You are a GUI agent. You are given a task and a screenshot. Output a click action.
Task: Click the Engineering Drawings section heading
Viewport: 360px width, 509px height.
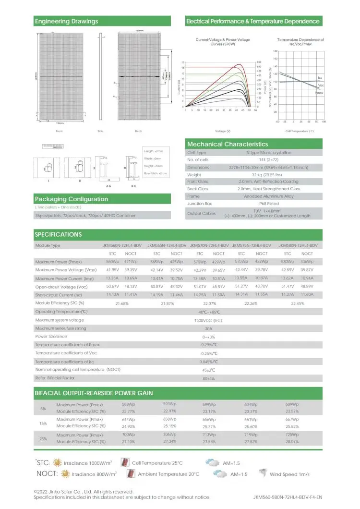tap(66, 21)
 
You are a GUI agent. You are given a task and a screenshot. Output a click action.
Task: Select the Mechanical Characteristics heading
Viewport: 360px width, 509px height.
tap(228, 144)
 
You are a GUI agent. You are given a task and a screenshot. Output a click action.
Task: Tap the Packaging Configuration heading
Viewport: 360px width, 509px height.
tap(72, 199)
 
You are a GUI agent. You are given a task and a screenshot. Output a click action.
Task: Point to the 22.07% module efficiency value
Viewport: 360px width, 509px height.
tap(209, 303)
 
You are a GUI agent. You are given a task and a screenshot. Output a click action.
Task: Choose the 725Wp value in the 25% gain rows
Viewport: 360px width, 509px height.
tap(292, 435)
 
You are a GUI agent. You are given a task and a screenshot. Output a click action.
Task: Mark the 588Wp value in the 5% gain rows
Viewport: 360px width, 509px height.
tap(129, 404)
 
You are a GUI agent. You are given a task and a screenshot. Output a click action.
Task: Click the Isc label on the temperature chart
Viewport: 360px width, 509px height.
tap(320, 77)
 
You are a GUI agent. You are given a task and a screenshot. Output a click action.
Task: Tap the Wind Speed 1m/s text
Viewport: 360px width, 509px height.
tap(290, 474)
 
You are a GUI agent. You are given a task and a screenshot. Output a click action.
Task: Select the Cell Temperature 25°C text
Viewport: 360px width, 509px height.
tap(157, 463)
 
